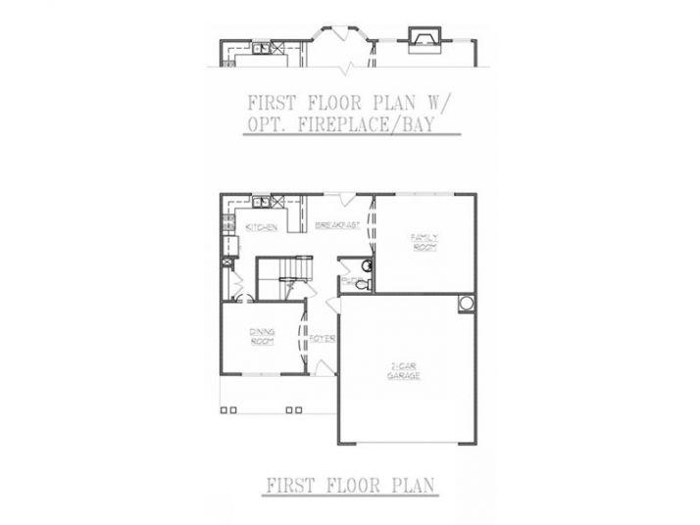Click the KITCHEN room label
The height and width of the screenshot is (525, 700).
(x=259, y=228)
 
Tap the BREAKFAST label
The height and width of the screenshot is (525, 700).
(x=338, y=226)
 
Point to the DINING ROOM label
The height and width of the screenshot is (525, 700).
(x=262, y=338)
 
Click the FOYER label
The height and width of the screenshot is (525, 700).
(x=324, y=340)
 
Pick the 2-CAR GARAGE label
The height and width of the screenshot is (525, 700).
(x=402, y=372)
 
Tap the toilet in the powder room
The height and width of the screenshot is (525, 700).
(x=360, y=285)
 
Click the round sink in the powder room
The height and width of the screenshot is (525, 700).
(x=365, y=264)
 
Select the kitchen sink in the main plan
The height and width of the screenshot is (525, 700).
(x=261, y=203)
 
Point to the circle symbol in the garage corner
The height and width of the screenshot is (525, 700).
(x=466, y=303)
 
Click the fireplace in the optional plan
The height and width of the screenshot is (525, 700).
(x=423, y=39)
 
